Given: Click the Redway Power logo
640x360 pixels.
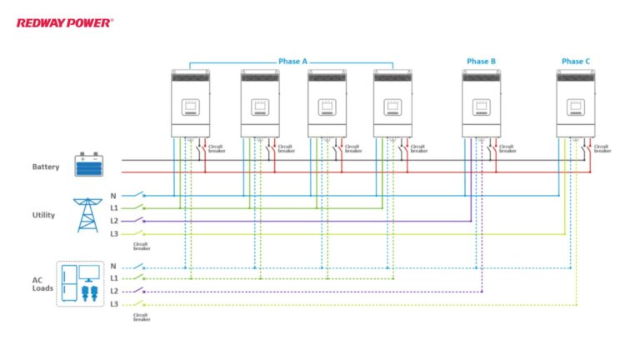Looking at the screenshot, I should tap(65, 23).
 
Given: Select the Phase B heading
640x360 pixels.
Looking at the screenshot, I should tap(481, 62).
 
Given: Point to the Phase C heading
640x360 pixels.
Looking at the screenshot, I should tap(576, 62).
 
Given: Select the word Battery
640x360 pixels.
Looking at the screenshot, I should tap(45, 167).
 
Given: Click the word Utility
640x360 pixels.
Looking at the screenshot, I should tap(43, 215).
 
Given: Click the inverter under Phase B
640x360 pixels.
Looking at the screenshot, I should tap(481, 103).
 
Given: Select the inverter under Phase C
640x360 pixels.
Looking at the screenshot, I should tap(576, 103).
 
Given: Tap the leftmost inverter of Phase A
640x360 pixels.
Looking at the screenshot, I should tap(190, 103).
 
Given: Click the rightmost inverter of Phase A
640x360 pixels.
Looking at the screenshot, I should tap(392, 103).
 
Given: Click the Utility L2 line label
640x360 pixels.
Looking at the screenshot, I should tap(114, 221).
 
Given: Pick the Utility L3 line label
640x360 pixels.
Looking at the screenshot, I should tap(114, 234).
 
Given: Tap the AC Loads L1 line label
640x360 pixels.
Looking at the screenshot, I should tap(114, 277).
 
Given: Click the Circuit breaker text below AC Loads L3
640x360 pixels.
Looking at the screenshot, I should tap(142, 317).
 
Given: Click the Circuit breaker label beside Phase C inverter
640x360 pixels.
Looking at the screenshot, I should tap(602, 148).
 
